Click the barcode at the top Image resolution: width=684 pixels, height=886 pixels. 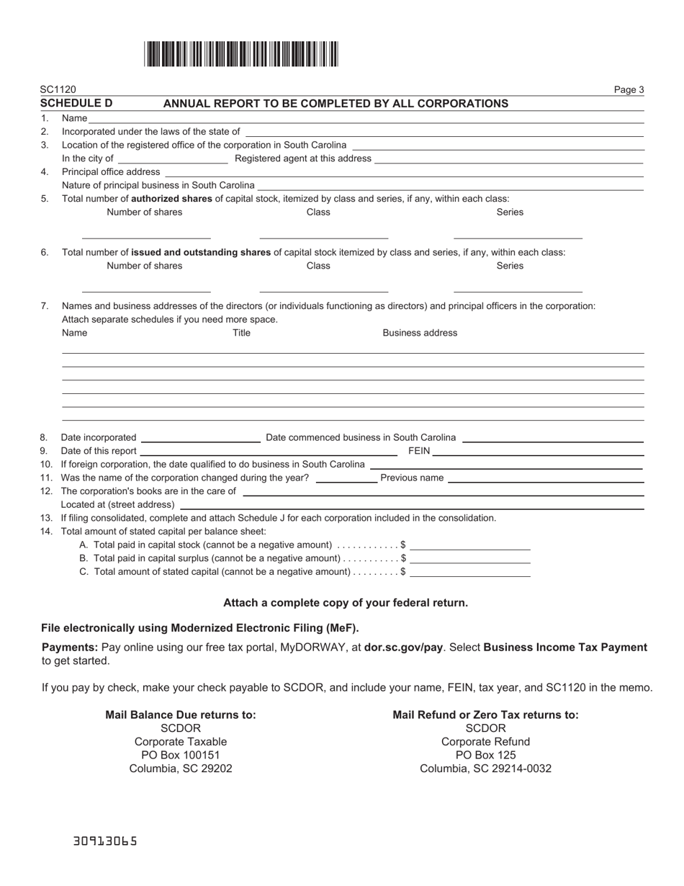click(241, 54)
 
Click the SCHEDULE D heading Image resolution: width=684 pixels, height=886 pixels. click(76, 103)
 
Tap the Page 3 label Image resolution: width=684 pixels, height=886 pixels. click(629, 90)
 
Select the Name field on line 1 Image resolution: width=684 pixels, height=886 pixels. click(366, 118)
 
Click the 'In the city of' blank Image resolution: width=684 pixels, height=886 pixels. click(172, 158)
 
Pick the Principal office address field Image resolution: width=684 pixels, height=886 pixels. click(403, 171)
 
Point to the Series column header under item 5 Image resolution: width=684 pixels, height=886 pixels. click(510, 212)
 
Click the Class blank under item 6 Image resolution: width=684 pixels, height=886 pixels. click(323, 287)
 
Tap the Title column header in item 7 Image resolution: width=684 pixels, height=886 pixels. click(241, 333)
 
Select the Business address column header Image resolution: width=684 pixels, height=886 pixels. click(420, 333)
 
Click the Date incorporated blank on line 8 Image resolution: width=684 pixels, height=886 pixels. click(201, 437)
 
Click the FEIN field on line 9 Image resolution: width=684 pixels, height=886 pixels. click(538, 451)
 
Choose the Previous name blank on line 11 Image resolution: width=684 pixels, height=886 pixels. click(545, 478)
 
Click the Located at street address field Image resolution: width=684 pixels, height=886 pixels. click(411, 504)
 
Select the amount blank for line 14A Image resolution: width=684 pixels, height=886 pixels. click(469, 545)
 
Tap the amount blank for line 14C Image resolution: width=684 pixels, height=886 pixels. click(469, 571)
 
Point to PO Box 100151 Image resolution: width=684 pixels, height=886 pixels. click(181, 755)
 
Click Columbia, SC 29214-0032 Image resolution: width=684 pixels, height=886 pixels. click(485, 769)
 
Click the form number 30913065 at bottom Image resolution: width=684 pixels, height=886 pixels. click(105, 841)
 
